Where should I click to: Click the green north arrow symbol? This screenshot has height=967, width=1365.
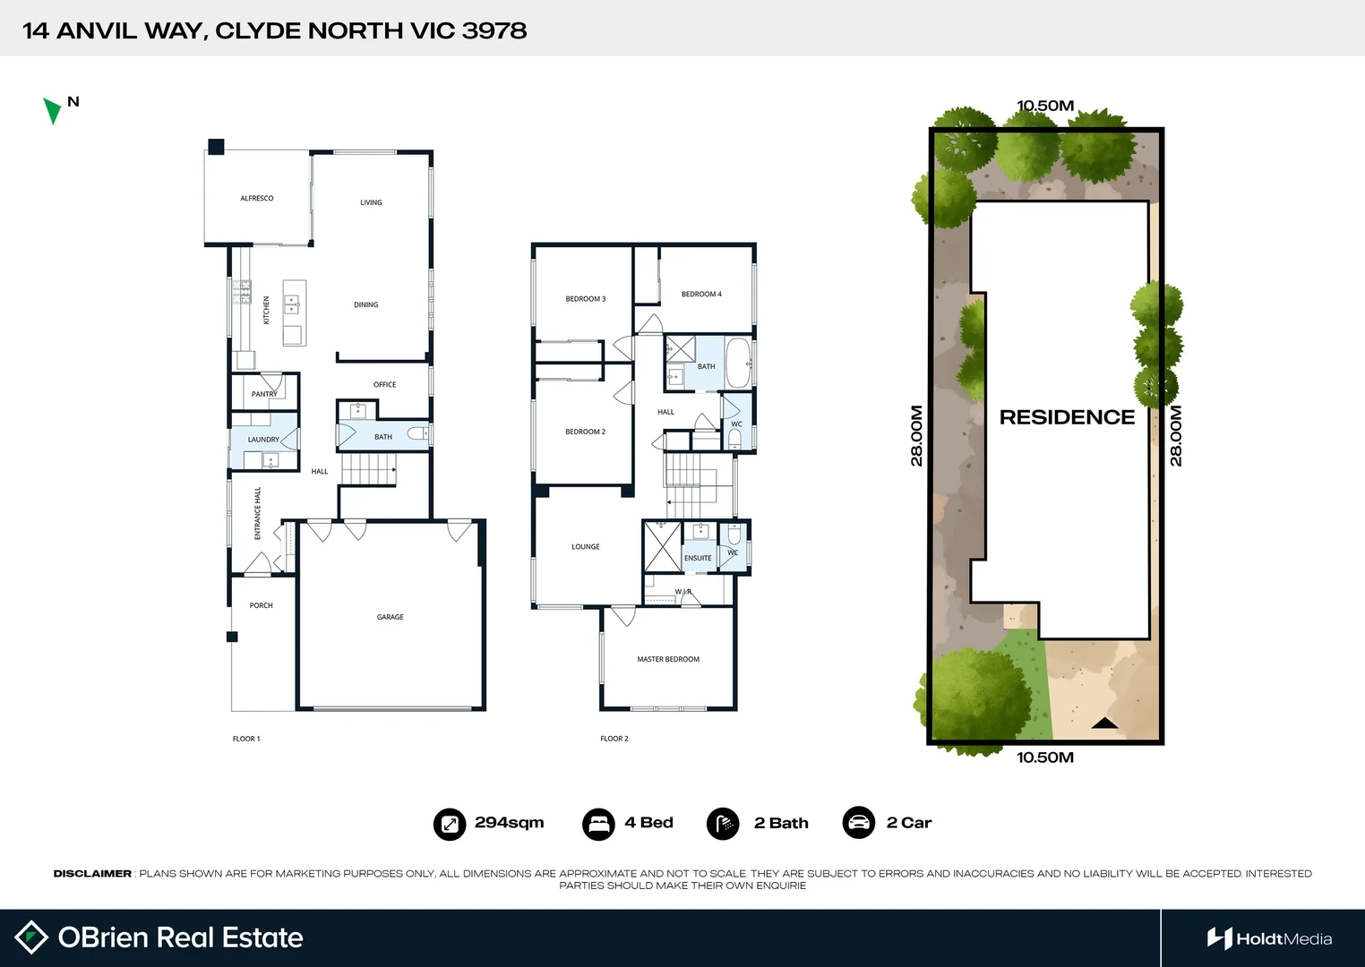(x=52, y=110)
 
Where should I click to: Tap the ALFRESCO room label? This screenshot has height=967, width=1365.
(x=257, y=198)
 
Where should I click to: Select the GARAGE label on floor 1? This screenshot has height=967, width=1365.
(x=391, y=617)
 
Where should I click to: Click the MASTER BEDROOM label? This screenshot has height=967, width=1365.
(x=668, y=659)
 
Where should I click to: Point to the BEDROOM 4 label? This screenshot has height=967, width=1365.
(x=701, y=294)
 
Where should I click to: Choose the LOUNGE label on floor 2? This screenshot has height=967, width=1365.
(x=586, y=546)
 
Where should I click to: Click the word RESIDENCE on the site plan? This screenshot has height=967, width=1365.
(x=1067, y=417)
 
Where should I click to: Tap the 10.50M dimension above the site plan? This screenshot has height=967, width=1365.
(x=1045, y=106)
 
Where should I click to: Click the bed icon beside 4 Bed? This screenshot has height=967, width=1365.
(x=597, y=824)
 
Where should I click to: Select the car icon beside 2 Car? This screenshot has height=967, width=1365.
(x=858, y=823)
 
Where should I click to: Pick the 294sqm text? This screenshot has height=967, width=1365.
(x=509, y=823)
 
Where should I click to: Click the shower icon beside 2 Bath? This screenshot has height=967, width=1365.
(x=723, y=824)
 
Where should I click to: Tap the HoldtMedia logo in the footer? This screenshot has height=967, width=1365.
(x=1269, y=938)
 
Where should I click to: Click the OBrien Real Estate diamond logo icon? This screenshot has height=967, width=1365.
(x=31, y=937)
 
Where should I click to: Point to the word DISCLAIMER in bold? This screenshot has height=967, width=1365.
(x=92, y=873)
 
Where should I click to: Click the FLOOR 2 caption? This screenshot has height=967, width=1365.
(x=614, y=739)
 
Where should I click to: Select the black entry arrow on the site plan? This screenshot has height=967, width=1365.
(x=1104, y=723)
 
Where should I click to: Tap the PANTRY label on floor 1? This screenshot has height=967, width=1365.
(x=264, y=394)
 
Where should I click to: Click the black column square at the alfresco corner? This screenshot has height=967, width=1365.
(x=216, y=147)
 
